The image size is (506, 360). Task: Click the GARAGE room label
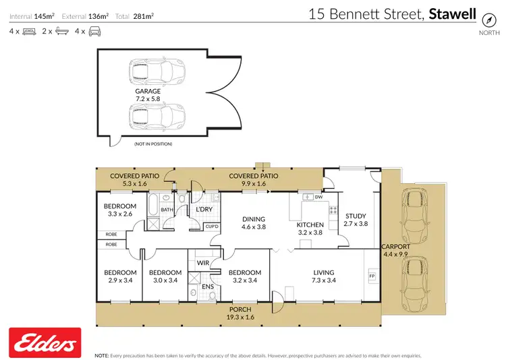(147, 91)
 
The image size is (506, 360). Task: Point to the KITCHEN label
(310, 225)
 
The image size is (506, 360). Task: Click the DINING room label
(254, 219)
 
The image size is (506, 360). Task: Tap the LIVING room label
(323, 273)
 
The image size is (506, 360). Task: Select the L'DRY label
(204, 210)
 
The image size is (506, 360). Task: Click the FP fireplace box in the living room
(371, 276)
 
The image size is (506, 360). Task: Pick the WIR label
(202, 262)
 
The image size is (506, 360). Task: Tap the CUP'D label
(212, 226)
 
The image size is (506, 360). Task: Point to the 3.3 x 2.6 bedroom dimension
(119, 214)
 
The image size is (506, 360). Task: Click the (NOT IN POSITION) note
(152, 144)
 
